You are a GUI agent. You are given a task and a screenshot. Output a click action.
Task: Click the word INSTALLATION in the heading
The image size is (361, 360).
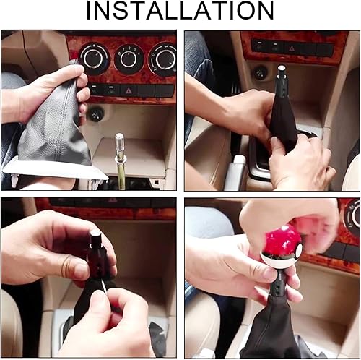click(180, 11)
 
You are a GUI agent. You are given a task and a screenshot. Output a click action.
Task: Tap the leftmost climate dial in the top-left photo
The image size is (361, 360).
click(95, 57)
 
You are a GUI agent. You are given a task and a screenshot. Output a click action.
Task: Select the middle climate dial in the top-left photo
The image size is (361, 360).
click(130, 57)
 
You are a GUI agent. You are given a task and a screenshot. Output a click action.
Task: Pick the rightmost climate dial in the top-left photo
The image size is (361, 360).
click(163, 59)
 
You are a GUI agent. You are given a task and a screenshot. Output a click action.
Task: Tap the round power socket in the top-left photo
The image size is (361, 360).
click(95, 114)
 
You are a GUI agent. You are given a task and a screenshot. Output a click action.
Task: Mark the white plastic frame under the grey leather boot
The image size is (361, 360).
click(54, 172)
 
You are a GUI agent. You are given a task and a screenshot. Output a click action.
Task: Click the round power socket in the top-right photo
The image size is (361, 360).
click(261, 72)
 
